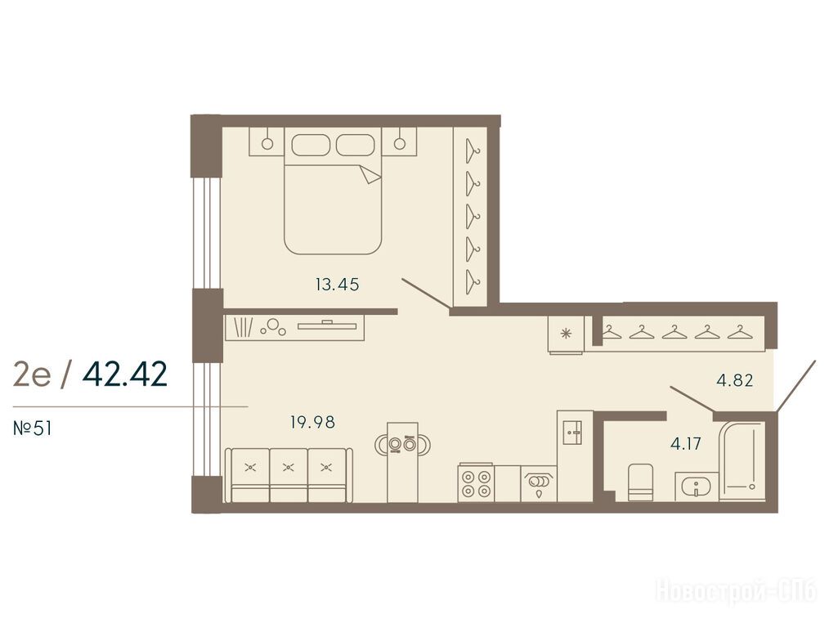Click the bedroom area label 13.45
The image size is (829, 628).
338,285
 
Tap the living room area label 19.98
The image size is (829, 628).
312,423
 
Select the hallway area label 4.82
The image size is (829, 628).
735,380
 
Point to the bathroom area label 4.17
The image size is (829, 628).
686,443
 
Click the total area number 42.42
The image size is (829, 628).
125,375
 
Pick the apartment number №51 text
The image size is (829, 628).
33,428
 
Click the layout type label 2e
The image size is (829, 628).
32,375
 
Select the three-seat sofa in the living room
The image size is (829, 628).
289,475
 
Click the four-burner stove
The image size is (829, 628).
476,483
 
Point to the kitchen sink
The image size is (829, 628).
539,483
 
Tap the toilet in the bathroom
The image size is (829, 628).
640,482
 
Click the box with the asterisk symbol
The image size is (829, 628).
567,334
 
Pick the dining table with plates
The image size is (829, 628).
402,461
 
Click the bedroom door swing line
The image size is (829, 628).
426,293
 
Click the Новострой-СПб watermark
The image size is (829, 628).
736,591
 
